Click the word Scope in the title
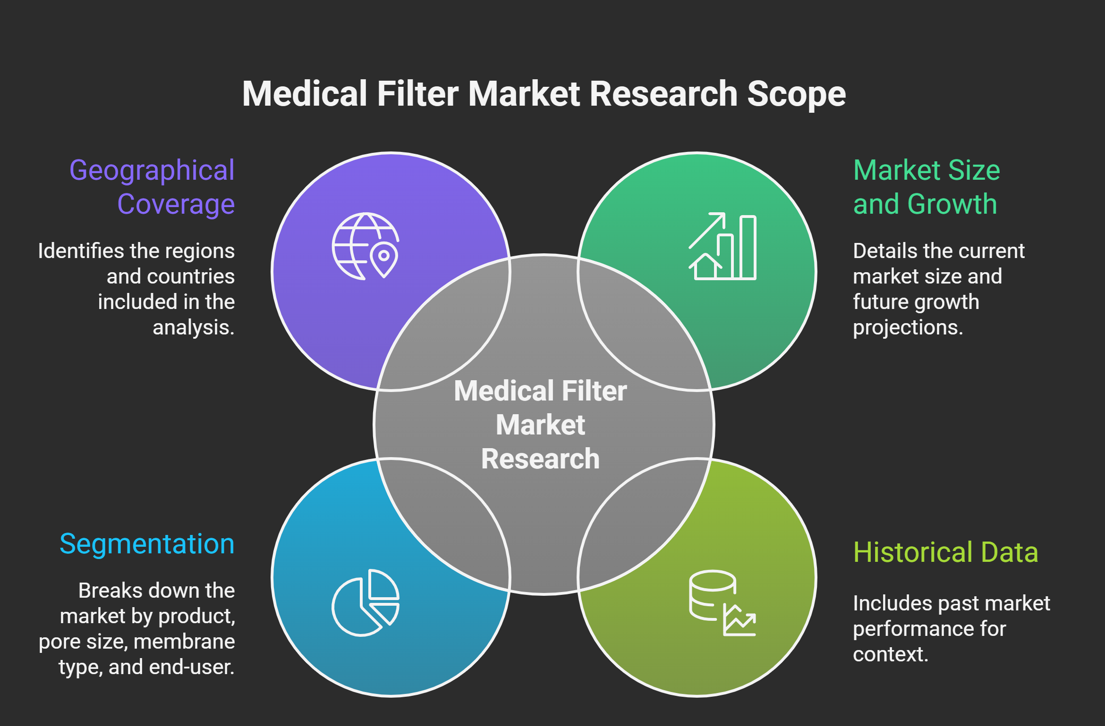point(796,94)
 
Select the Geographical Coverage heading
point(152,187)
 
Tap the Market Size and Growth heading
point(926,187)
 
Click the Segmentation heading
point(147,544)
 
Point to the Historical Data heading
point(945,552)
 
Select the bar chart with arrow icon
point(722,246)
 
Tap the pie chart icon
point(365,602)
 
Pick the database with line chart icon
point(722,603)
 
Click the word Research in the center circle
point(540,459)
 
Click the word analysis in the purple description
point(193,327)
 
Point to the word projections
point(908,327)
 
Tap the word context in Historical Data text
point(890,654)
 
